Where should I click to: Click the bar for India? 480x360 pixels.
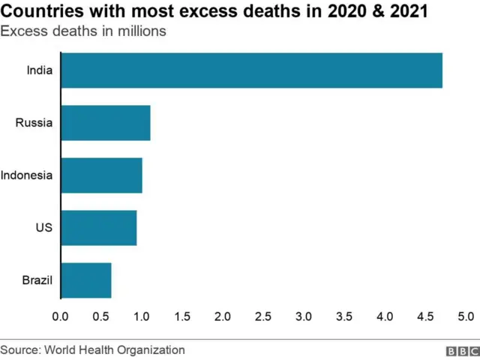tap(251, 70)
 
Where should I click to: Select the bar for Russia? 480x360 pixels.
tap(105, 123)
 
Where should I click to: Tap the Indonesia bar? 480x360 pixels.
tap(101, 175)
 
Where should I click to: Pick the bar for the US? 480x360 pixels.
tap(98, 228)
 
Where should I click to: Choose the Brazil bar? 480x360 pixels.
tap(85, 280)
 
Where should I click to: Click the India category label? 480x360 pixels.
tap(39, 70)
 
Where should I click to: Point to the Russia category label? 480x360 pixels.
tap(34, 123)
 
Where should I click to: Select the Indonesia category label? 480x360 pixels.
tap(26, 175)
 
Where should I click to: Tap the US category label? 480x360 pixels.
tap(44, 228)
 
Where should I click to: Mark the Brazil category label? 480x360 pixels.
tap(37, 280)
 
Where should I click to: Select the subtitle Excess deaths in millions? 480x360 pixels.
tap(83, 31)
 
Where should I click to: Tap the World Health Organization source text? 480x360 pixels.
tap(115, 349)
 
